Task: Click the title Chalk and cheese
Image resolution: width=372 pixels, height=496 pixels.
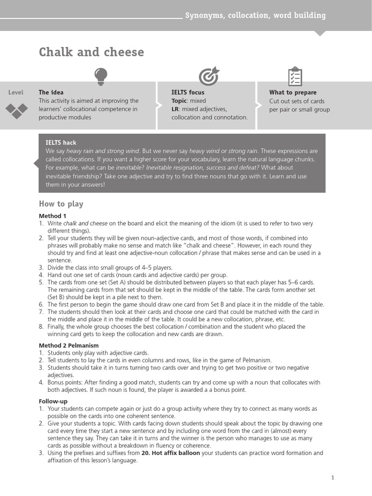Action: (91, 52)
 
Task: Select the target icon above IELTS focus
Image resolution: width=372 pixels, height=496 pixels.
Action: (209, 77)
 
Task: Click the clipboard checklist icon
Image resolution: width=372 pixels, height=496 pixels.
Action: (294, 77)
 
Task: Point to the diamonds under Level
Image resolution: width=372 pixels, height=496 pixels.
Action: (16, 111)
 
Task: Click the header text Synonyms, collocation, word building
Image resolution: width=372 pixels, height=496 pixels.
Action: (255, 15)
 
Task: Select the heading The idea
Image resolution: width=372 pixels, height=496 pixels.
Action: (51, 93)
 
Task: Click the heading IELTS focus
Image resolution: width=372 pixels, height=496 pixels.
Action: (188, 93)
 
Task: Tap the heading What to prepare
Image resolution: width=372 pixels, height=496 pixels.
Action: (293, 93)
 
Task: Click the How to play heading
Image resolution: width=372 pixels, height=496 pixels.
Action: (61, 204)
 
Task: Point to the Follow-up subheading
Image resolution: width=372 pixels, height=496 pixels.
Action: (53, 402)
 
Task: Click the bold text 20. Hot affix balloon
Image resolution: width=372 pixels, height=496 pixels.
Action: (170, 453)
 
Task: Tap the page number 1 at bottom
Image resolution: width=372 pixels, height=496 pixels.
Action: (333, 478)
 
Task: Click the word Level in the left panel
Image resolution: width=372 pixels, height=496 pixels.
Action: (16, 93)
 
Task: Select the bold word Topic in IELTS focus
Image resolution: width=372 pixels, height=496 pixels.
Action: (179, 101)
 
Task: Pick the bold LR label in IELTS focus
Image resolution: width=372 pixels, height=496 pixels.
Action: (175, 109)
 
